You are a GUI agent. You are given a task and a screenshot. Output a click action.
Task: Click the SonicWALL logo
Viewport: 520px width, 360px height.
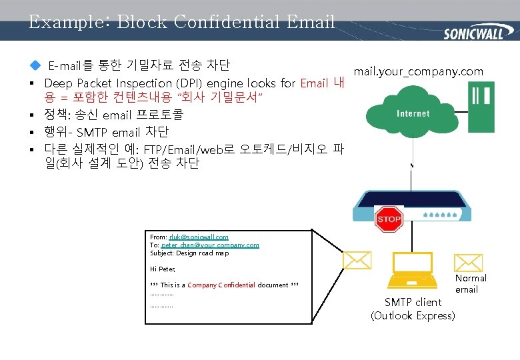[x=473, y=31]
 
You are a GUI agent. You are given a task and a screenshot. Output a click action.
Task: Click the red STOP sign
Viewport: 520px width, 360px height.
[x=389, y=219]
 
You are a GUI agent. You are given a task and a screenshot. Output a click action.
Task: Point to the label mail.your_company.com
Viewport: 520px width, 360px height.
[x=419, y=71]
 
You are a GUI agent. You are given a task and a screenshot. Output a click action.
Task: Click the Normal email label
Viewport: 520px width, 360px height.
[x=471, y=283]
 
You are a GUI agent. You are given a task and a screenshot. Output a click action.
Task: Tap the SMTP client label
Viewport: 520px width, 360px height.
[x=413, y=302]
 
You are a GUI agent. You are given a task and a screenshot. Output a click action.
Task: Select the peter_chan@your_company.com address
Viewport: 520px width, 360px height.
[x=210, y=245]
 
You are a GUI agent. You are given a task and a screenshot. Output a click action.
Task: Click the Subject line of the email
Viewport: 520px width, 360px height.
[x=189, y=253]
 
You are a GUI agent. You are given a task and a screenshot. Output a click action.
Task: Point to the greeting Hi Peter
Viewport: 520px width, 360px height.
[x=163, y=269]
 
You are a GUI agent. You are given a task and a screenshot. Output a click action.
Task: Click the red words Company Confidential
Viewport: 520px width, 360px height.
[x=221, y=285]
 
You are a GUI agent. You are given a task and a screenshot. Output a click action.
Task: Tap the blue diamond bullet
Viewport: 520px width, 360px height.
[x=35, y=65]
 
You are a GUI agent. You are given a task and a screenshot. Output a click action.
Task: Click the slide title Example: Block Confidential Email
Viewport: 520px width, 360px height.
[x=181, y=22]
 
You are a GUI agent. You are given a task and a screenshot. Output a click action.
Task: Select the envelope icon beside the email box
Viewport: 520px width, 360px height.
[x=357, y=260]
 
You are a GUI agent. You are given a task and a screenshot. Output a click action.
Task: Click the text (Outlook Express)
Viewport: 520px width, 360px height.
[x=413, y=315]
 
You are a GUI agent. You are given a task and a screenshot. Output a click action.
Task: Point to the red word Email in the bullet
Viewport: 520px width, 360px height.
[x=314, y=83]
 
